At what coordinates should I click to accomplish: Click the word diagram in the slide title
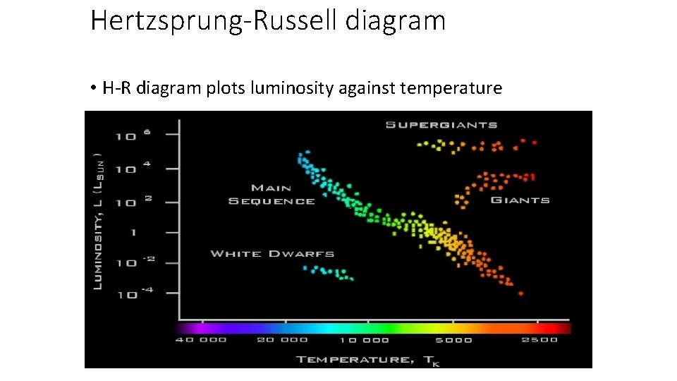point(396,20)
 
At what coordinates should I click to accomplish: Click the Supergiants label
point(441,125)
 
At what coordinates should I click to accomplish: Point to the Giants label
point(519,200)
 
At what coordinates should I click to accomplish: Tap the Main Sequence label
point(272,194)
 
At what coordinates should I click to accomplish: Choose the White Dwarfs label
point(272,253)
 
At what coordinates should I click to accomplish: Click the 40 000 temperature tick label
point(201,340)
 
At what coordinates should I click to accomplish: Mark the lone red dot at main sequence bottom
point(521,294)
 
